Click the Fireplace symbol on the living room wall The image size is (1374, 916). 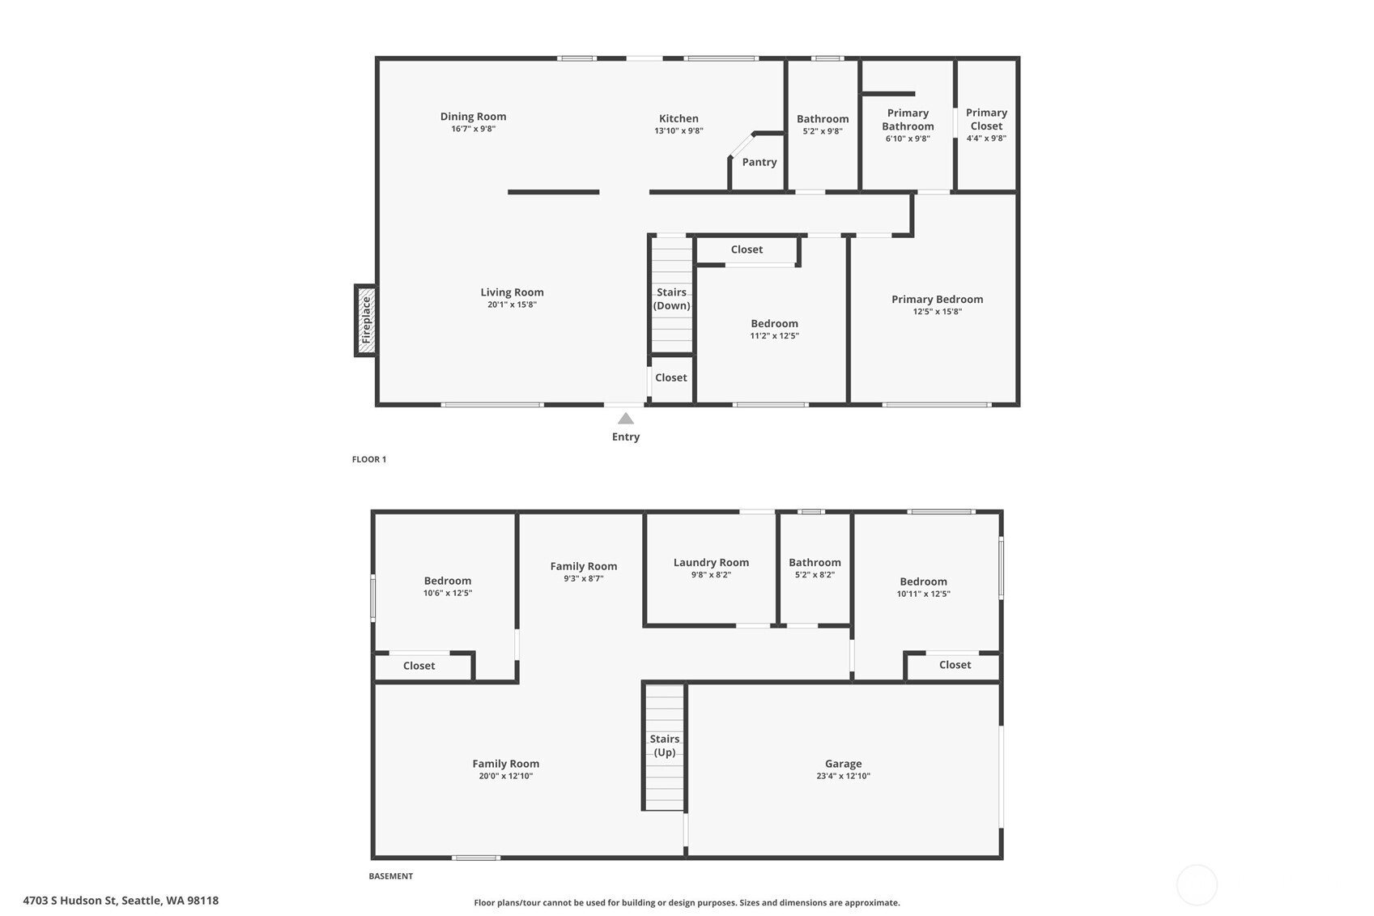(x=366, y=320)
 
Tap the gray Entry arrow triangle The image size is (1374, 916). (x=626, y=419)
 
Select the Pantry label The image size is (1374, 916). (x=759, y=162)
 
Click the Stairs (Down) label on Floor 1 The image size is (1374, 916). (x=672, y=299)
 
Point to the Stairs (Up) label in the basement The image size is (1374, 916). (x=665, y=745)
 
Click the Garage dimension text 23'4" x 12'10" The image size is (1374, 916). (x=844, y=776)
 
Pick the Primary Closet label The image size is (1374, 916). (x=986, y=119)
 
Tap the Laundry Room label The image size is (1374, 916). (x=711, y=562)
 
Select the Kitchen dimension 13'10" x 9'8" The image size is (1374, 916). (x=679, y=130)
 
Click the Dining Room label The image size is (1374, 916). (x=474, y=117)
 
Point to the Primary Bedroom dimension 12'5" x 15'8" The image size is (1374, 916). (x=938, y=312)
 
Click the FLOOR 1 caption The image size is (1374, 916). (x=369, y=459)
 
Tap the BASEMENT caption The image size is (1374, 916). (x=391, y=876)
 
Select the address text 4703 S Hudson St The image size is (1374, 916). (x=70, y=901)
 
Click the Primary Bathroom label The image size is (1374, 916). (x=908, y=120)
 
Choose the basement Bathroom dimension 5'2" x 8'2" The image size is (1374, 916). (x=815, y=575)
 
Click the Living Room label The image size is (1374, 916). (x=513, y=292)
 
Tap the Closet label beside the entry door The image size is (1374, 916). (x=671, y=378)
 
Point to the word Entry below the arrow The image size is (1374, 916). (x=626, y=437)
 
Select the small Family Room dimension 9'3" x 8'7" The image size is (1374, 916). (x=584, y=578)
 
